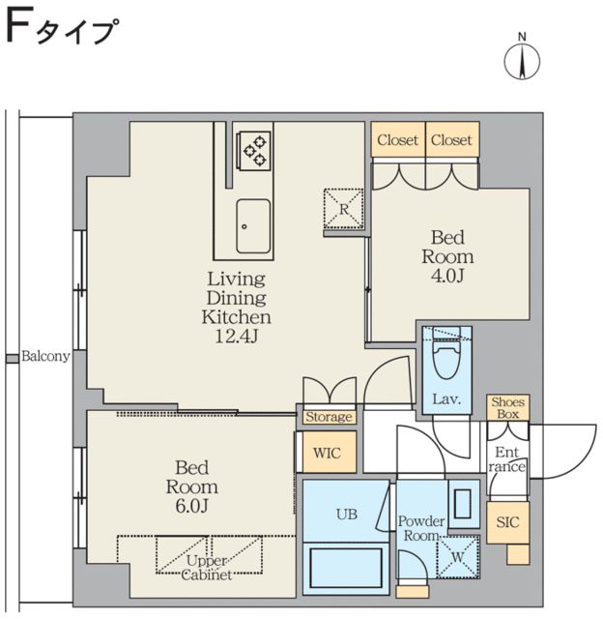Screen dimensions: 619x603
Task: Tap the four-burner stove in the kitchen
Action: coord(254,150)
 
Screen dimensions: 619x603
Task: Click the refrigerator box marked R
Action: coord(343,208)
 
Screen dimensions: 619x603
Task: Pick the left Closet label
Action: coord(398,140)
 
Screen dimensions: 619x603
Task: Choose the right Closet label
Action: coord(451,140)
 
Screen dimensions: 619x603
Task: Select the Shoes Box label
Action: coord(507,407)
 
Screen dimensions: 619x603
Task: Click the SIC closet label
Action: coord(507,522)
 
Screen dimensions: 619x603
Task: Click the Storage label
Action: coord(329,417)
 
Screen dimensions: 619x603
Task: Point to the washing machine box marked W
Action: coord(455,557)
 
